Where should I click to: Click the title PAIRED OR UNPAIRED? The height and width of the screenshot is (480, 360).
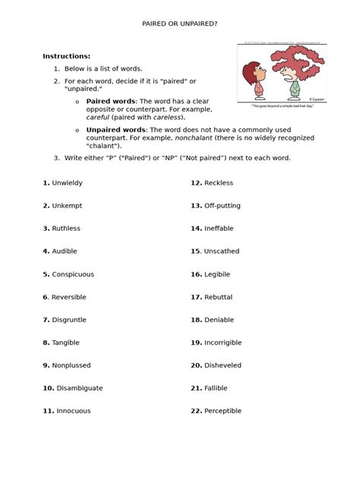point(180,24)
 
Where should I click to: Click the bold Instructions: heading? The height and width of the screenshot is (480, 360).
point(66,56)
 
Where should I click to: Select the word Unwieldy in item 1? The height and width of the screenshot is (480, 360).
point(69,183)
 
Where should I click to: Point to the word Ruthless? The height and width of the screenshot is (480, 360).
point(66,229)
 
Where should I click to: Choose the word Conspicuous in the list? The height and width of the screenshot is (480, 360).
point(73,274)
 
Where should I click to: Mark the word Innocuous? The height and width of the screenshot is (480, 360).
point(71,411)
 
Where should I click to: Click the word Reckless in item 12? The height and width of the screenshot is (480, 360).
point(219,183)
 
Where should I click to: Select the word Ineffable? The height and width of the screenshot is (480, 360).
point(219,229)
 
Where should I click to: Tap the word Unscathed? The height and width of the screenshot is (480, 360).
point(222,251)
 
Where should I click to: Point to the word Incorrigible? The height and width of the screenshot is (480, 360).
point(224,343)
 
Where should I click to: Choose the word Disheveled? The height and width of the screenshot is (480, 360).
point(223,365)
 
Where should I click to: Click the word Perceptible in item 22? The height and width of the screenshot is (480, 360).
point(223,411)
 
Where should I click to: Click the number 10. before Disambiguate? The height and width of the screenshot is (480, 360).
point(49,388)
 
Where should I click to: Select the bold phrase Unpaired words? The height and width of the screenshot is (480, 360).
point(111,130)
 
